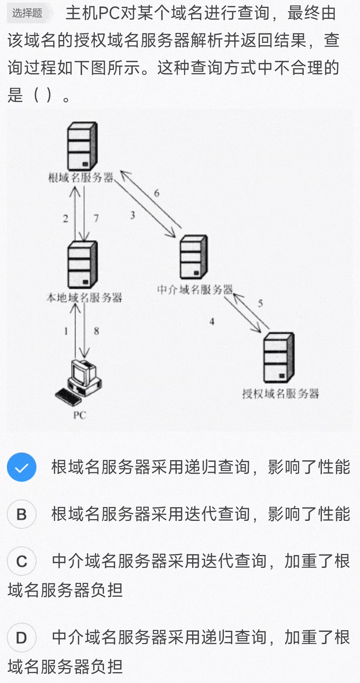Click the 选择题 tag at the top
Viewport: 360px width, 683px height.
27,13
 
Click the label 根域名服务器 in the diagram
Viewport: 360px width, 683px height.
80,178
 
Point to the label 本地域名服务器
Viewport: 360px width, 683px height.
84,298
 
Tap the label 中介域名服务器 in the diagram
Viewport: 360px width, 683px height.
195,289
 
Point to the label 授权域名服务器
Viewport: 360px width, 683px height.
281,394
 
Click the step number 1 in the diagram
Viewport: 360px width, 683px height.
66,331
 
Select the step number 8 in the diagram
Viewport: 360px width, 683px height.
97,331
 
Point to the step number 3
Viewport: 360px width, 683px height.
133,215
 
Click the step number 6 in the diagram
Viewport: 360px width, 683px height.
157,193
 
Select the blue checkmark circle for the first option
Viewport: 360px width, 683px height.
21,467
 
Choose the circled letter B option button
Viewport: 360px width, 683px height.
21,514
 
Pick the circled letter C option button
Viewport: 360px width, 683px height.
21,561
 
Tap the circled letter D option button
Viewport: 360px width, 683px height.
21,637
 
